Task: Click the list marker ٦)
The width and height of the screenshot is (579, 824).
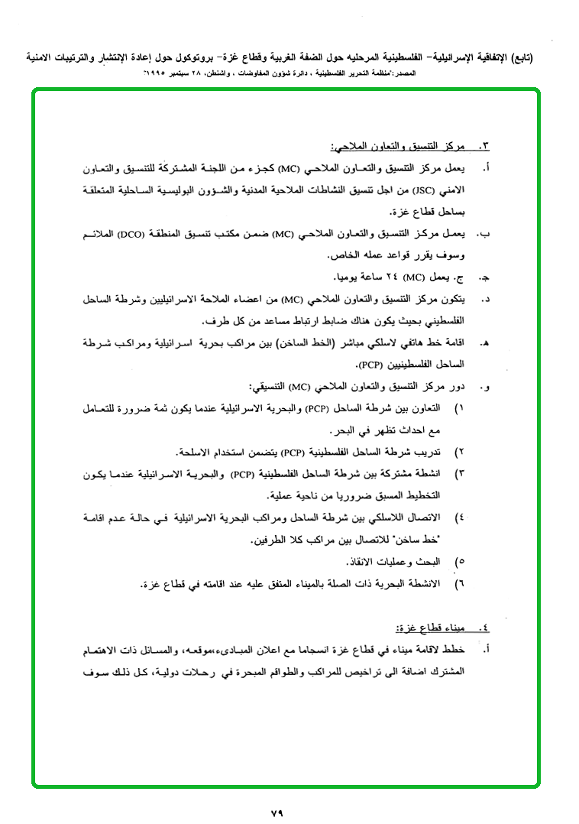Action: [459, 585]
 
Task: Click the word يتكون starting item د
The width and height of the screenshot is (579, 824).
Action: [451, 299]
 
